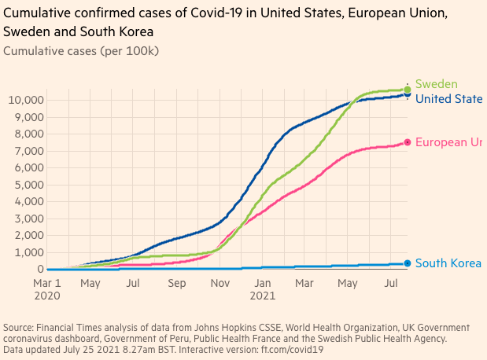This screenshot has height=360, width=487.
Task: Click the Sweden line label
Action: pyautogui.click(x=436, y=84)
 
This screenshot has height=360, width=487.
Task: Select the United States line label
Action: pyautogui.click(x=448, y=99)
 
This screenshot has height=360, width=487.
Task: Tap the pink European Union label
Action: pyautogui.click(x=448, y=141)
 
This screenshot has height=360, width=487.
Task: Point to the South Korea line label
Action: pyautogui.click(x=448, y=263)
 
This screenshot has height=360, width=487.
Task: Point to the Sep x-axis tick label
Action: pyautogui.click(x=176, y=283)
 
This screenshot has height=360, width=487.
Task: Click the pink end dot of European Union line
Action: pyautogui.click(x=407, y=142)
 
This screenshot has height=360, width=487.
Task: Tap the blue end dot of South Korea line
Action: pyautogui.click(x=407, y=264)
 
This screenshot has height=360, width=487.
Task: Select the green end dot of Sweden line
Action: pyautogui.click(x=407, y=90)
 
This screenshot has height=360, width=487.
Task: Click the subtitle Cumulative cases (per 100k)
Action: pyautogui.click(x=81, y=51)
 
